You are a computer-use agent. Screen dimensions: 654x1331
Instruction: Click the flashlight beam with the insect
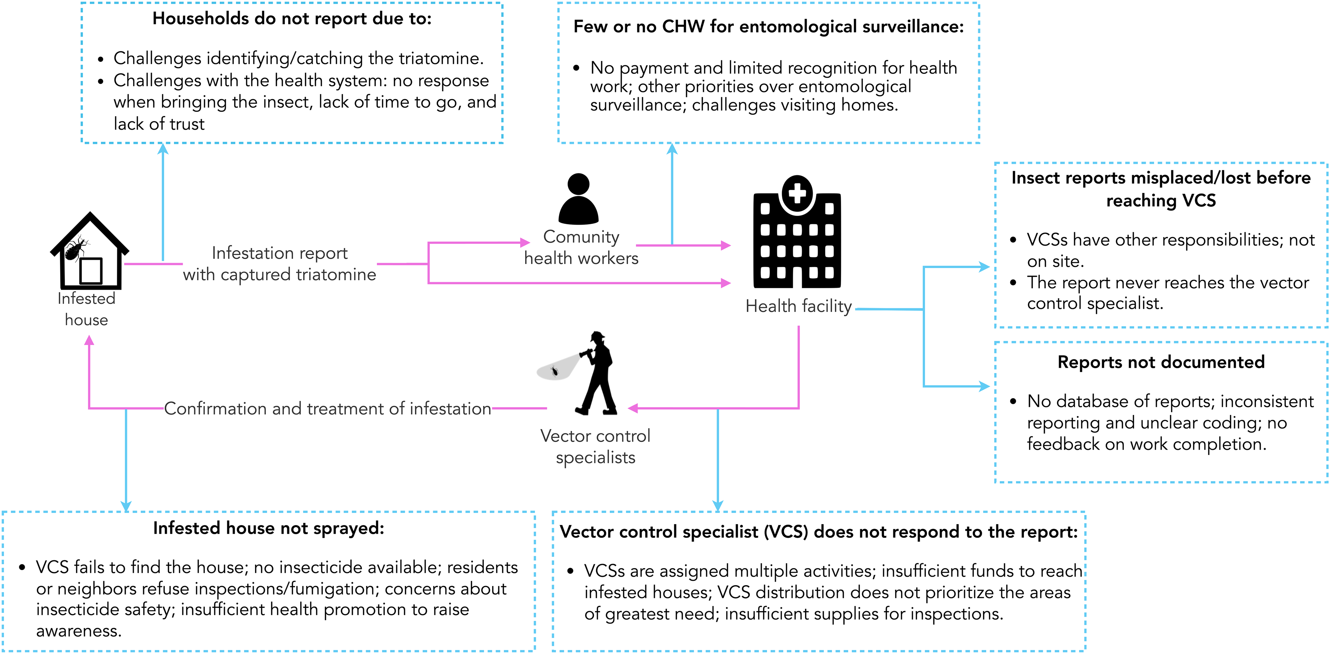click(x=557, y=368)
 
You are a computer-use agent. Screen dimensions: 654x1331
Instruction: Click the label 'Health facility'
click(x=798, y=306)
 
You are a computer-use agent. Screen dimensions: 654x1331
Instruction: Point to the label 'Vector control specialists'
click(x=595, y=446)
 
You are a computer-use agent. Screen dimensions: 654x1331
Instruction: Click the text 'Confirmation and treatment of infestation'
click(x=327, y=408)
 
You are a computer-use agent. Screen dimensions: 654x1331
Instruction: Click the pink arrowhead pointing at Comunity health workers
click(x=525, y=242)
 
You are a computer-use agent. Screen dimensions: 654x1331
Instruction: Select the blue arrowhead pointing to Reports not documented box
click(x=984, y=386)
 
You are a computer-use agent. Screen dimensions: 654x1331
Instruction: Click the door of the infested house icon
click(x=91, y=271)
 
